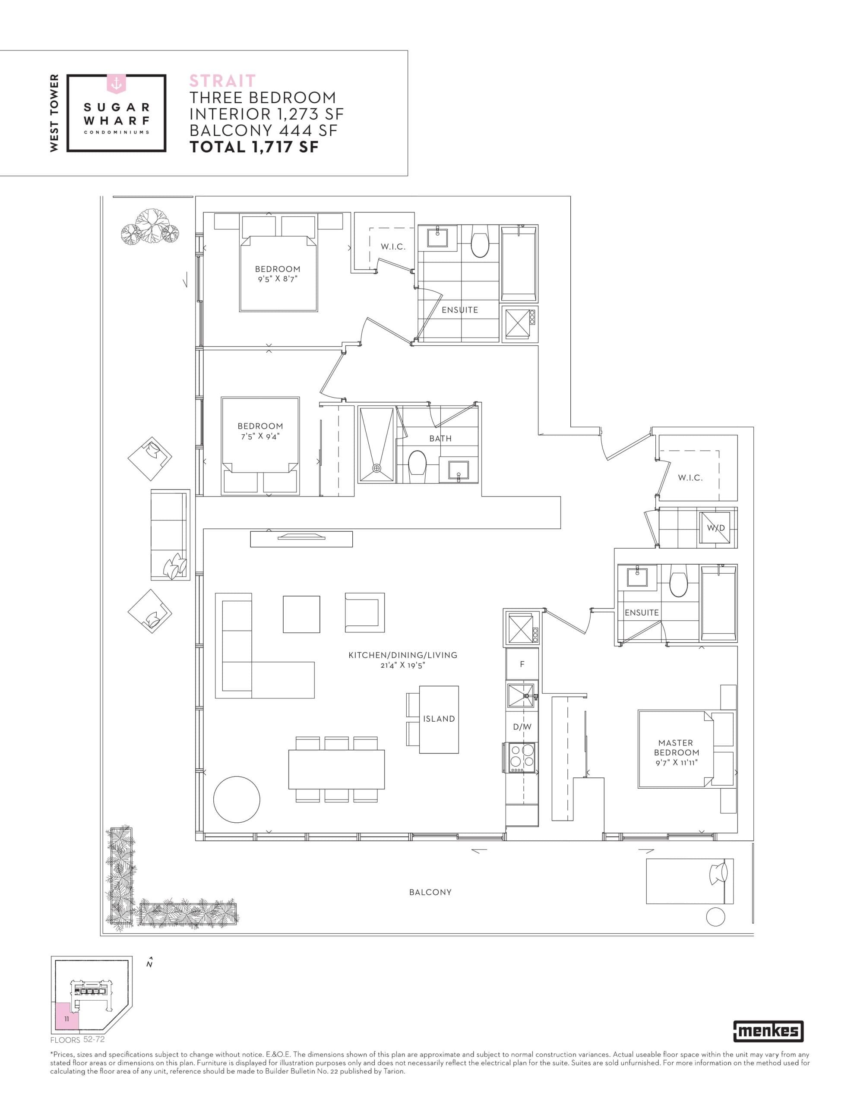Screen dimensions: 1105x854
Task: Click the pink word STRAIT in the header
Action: point(222,81)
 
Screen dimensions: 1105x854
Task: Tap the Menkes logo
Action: point(768,1031)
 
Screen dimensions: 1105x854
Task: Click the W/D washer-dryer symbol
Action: point(716,528)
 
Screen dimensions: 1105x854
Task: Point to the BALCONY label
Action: point(430,892)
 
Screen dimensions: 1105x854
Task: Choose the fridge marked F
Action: point(522,664)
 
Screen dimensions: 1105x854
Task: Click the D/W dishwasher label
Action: point(522,726)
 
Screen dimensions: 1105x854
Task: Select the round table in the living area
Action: point(237,800)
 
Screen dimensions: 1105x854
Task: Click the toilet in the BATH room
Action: point(418,463)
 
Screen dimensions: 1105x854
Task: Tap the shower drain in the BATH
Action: point(376,468)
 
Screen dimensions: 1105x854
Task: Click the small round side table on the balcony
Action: point(715,917)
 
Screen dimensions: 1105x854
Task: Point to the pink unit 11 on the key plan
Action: point(67,1019)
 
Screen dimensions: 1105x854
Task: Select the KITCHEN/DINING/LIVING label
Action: point(402,655)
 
